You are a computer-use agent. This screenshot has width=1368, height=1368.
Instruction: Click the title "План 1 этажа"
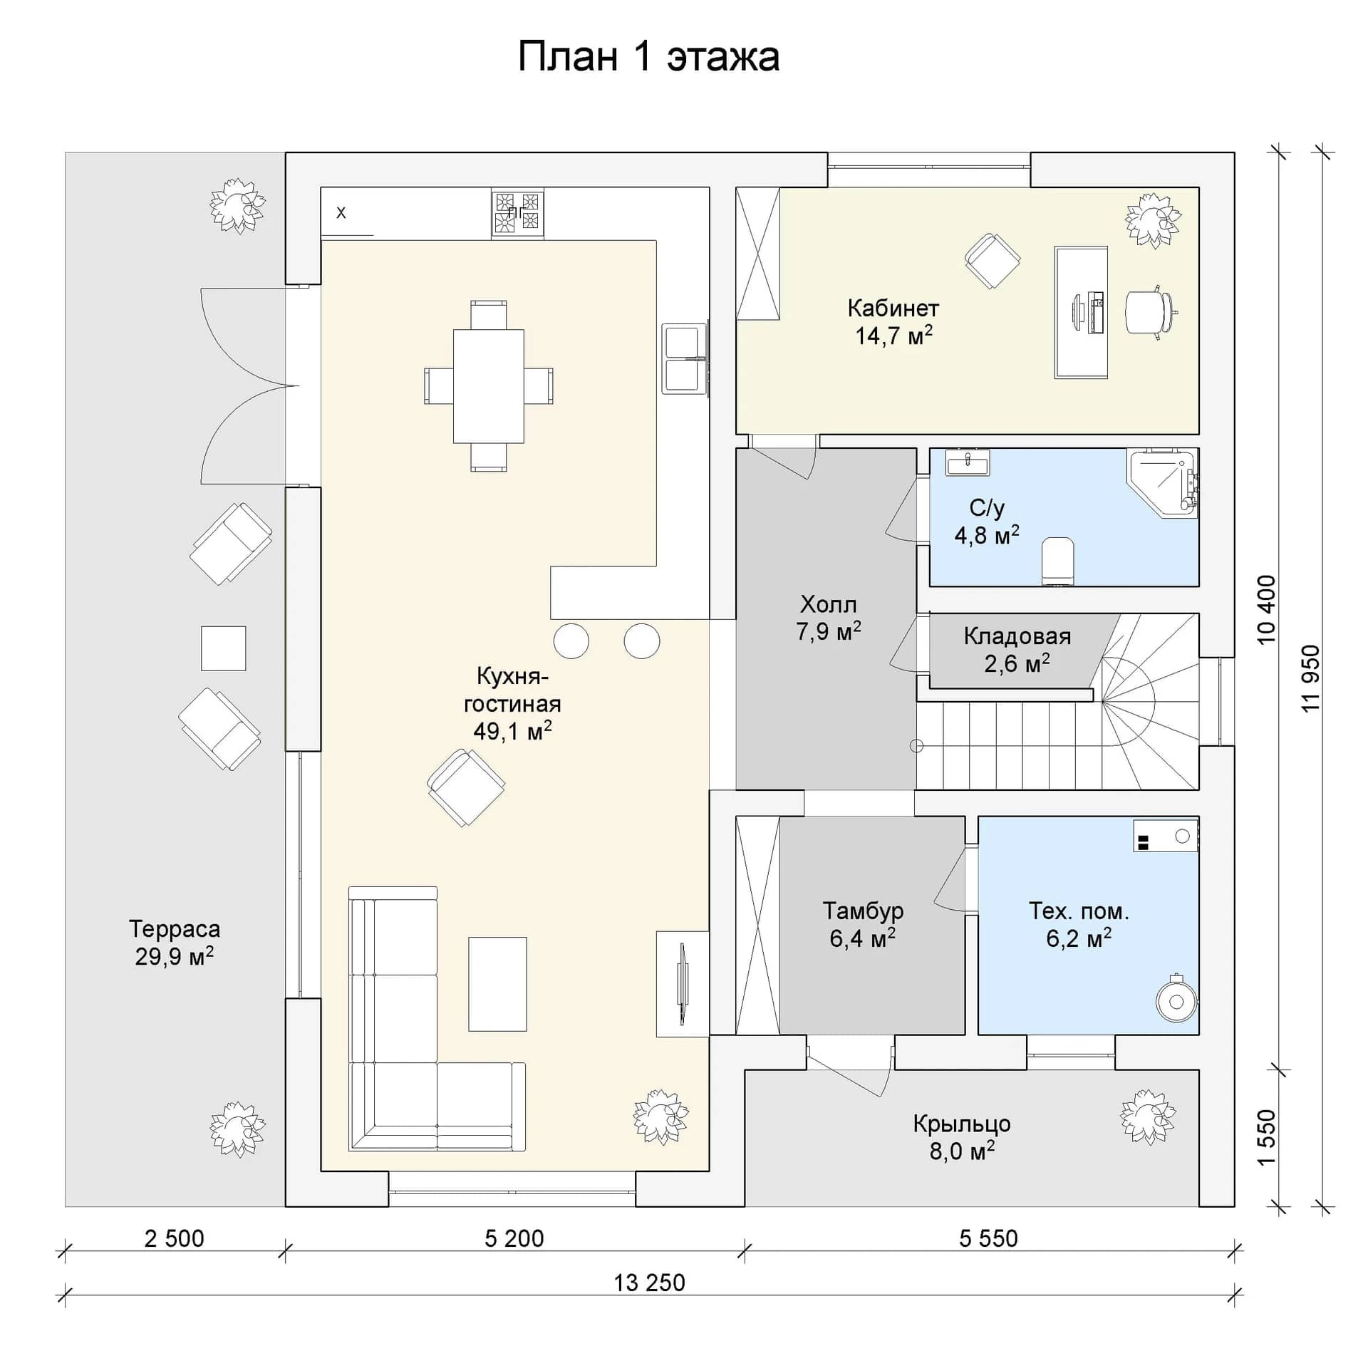(648, 57)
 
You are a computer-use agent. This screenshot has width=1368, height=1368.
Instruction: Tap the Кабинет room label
(893, 309)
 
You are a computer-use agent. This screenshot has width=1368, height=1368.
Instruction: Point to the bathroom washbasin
(967, 463)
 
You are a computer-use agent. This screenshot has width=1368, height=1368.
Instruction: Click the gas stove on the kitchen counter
(517, 212)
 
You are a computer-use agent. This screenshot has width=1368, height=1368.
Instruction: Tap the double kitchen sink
(683, 359)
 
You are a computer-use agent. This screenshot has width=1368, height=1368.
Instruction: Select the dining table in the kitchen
(489, 385)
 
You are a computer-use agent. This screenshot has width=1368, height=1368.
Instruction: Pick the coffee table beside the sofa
(497, 984)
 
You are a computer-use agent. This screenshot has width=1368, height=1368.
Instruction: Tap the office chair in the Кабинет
(1149, 311)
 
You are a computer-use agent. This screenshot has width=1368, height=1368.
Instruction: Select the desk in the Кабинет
(1081, 312)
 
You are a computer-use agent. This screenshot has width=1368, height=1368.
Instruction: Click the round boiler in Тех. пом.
(1176, 1002)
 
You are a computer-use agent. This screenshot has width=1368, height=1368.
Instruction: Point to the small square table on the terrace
(223, 648)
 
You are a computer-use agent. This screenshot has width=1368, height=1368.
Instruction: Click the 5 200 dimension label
(514, 1238)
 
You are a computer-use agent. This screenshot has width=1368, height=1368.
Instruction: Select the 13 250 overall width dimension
(649, 1282)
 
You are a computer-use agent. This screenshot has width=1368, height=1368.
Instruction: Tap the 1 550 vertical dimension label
(1266, 1137)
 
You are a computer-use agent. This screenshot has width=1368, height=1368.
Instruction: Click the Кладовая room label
(1017, 636)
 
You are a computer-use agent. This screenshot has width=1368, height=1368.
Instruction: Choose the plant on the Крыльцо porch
(1148, 1117)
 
